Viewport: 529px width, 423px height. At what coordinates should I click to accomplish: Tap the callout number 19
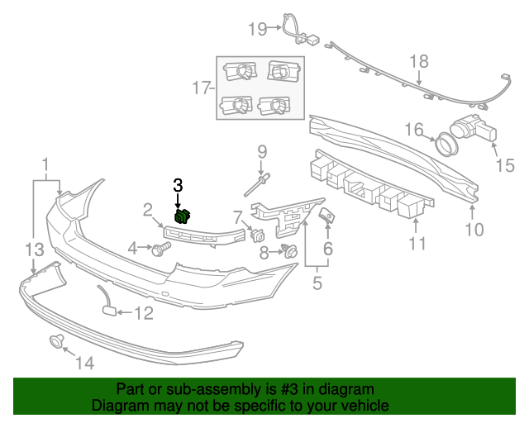[x=258, y=29]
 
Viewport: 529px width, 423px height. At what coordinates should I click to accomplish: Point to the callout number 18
[x=419, y=61]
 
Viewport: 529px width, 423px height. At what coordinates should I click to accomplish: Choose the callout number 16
[x=414, y=129]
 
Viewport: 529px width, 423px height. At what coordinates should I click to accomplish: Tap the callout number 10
[x=474, y=230]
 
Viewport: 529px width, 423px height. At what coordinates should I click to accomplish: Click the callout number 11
[x=417, y=243]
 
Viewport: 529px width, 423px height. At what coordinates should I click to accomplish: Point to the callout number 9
[x=262, y=151]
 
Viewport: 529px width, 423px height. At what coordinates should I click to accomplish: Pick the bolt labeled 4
[x=157, y=249]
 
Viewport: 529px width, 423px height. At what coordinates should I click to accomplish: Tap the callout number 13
[x=32, y=249]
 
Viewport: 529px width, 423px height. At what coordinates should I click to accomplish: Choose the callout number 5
[x=317, y=285]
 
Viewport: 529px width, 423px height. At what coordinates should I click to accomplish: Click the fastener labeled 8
[x=289, y=251]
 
